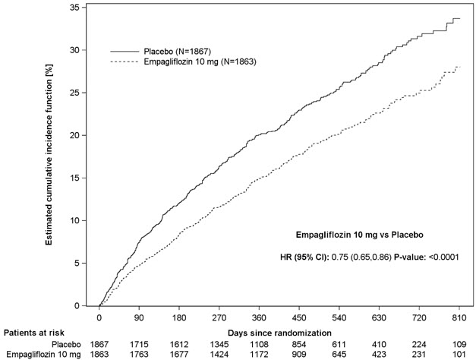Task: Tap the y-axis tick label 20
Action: pyautogui.click(x=83, y=135)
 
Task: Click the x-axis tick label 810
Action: pyautogui.click(x=456, y=318)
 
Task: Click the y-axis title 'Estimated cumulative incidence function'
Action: pyautogui.click(x=50, y=156)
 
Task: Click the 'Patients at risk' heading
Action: pyautogui.click(x=33, y=333)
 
